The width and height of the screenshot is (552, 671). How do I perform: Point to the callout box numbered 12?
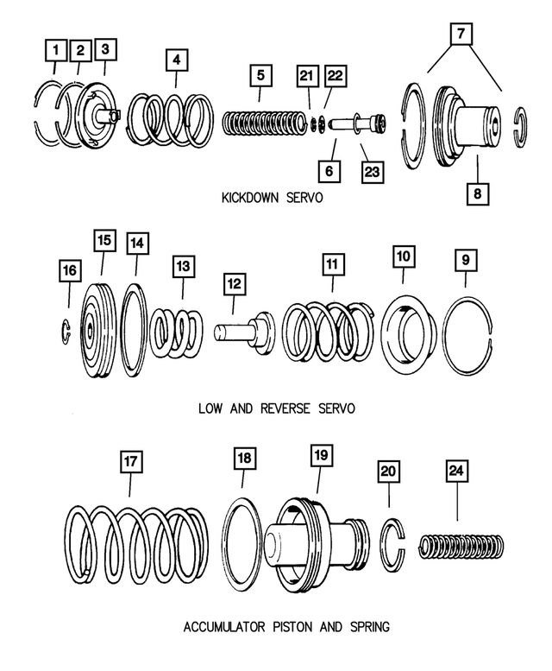pos(233,283)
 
